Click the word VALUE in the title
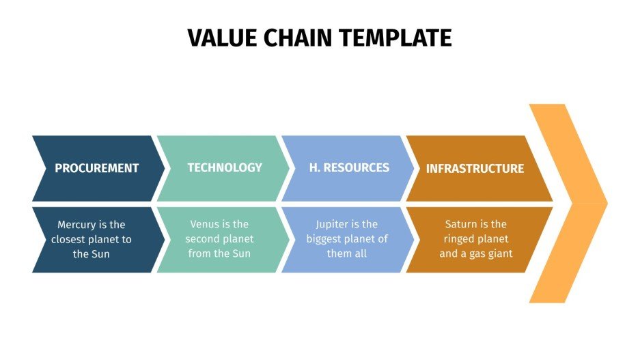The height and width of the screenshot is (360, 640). tap(220, 38)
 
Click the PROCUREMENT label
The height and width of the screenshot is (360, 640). tap(96, 168)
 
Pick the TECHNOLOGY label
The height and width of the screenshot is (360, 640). tap(225, 167)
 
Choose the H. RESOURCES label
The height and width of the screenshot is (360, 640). tap(349, 167)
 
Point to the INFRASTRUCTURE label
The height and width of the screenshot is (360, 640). tap(475, 168)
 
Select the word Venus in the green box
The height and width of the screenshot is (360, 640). tap(203, 224)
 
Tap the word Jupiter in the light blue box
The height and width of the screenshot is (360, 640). tap(333, 224)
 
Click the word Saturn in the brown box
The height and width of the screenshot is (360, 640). tap(461, 224)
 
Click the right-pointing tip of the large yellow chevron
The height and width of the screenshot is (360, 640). tap(604, 203)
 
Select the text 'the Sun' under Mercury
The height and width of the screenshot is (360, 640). tap(92, 254)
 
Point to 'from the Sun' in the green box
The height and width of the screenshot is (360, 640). tap(219, 253)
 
